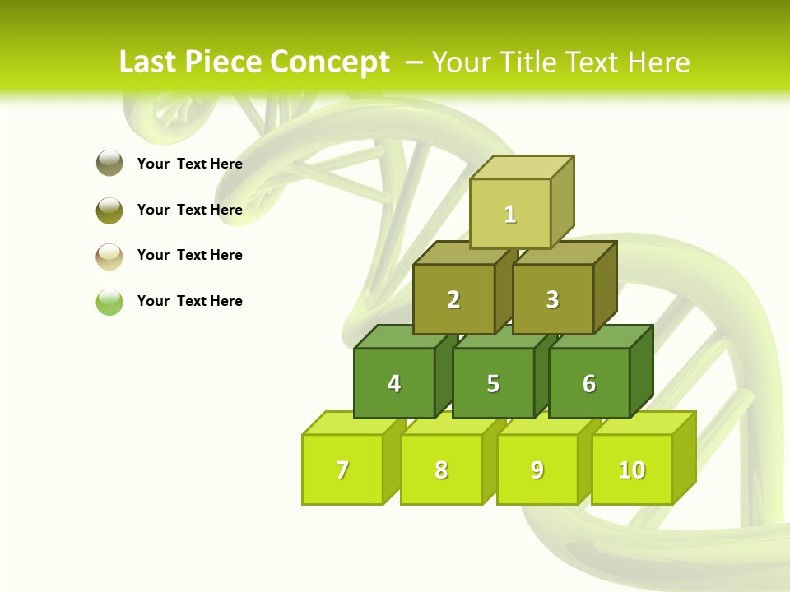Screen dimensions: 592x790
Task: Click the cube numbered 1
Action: [x=510, y=214]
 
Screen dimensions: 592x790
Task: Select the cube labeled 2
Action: [x=453, y=299]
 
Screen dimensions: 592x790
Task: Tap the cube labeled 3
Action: [x=552, y=299]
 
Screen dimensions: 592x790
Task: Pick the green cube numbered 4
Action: [x=394, y=383]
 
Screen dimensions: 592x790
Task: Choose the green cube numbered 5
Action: [x=493, y=383]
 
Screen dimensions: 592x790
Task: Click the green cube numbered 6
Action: [x=589, y=383]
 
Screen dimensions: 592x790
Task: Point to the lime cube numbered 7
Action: [x=342, y=469]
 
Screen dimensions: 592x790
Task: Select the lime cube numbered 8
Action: [x=441, y=469]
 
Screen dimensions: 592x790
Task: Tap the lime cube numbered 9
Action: [x=537, y=469]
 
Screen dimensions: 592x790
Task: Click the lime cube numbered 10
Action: [x=632, y=469]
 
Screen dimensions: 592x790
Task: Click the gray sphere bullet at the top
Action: [x=109, y=164]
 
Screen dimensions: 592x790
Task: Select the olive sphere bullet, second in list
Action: [x=109, y=210]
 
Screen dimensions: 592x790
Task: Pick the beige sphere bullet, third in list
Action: [x=109, y=256]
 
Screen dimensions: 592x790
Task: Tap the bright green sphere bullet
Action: [x=109, y=302]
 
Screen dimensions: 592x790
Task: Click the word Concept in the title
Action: [x=329, y=62]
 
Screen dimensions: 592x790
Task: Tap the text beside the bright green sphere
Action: [x=190, y=301]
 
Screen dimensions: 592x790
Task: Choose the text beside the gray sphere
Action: [x=190, y=164]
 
